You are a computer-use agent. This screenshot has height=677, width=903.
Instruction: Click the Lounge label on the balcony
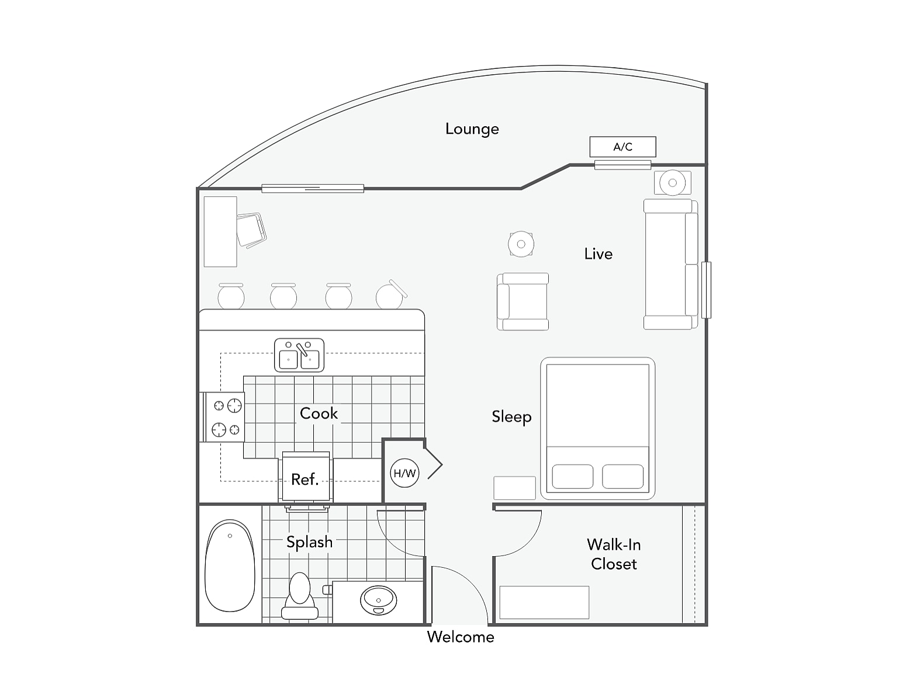[472, 129]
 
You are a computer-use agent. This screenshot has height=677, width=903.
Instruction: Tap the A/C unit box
[622, 147]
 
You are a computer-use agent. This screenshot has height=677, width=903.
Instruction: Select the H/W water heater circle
[404, 473]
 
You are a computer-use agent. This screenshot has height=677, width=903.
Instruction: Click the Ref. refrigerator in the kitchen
[306, 478]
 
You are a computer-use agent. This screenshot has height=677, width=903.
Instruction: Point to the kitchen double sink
[299, 355]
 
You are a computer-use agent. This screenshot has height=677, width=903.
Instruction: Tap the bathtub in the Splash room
[230, 565]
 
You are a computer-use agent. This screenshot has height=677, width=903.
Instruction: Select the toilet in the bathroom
[300, 595]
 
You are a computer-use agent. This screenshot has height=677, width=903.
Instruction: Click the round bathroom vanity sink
[378, 600]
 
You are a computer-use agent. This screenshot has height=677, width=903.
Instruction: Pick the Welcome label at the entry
[460, 637]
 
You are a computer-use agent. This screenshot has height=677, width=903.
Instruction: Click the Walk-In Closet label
[614, 554]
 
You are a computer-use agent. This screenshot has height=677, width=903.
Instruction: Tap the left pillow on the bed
[572, 476]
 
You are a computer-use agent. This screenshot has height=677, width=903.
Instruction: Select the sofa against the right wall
[670, 264]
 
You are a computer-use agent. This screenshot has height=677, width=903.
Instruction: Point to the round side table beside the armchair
[521, 244]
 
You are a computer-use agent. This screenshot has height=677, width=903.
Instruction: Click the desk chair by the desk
[251, 229]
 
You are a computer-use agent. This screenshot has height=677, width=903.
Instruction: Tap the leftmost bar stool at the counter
[231, 296]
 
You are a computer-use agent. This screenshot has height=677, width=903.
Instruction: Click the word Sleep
[511, 416]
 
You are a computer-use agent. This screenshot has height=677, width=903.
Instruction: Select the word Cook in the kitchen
[319, 413]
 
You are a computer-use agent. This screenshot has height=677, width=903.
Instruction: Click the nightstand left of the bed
[514, 488]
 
